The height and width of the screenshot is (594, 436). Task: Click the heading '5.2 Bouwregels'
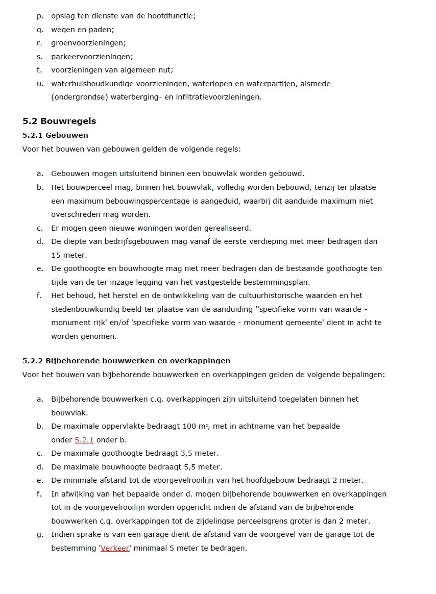point(59,121)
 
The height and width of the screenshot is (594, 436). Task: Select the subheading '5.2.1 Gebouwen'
point(55,135)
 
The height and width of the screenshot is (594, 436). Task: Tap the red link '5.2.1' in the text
point(84,439)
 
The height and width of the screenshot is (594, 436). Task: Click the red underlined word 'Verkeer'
point(115,548)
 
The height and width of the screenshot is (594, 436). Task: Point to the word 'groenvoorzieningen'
point(88,43)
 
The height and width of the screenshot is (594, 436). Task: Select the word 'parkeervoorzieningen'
point(91,57)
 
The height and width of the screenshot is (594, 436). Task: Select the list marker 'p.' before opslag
point(40,16)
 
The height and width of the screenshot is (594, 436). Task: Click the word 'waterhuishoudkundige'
point(93,84)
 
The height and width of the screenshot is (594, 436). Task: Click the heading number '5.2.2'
point(33,361)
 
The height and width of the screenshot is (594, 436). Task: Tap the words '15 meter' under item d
point(69,255)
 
